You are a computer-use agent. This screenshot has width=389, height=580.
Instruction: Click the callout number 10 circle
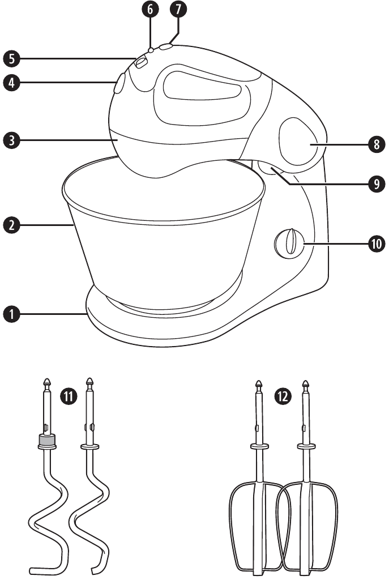(376, 244)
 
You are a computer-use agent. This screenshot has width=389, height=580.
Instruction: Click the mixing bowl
(161, 244)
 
